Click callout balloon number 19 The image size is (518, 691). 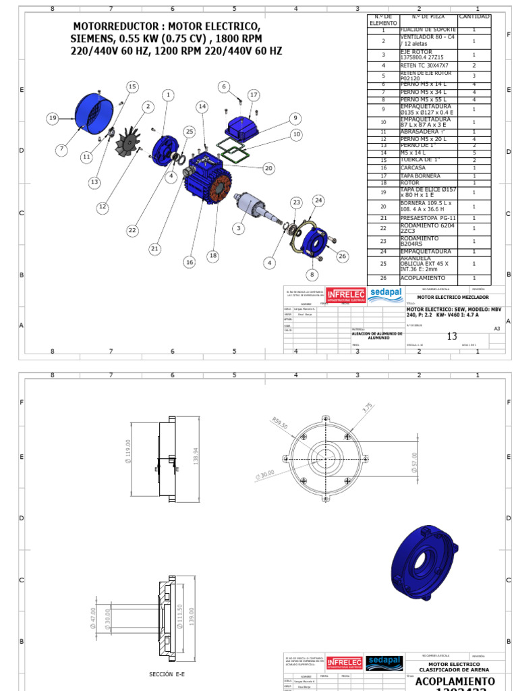tap(53, 118)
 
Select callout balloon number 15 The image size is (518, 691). tap(132, 86)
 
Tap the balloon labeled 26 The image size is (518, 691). tap(342, 256)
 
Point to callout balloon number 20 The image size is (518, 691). tap(268, 168)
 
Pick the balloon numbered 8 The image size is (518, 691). tap(312, 274)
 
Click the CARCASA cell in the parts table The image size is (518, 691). tap(413, 167)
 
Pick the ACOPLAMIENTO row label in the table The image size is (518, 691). tap(423, 278)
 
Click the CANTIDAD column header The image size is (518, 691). tap(474, 17)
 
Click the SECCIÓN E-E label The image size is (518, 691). tap(167, 673)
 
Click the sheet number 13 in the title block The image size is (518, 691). tap(452, 337)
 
